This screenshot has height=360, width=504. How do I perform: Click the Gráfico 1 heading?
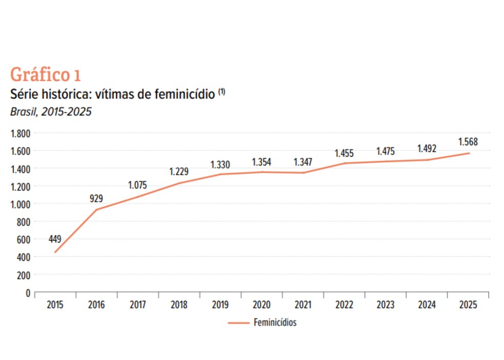point(45,74)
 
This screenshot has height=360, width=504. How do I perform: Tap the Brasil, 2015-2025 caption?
point(51,112)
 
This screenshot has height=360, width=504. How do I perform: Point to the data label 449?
point(55,239)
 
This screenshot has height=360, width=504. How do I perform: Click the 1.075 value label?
point(137,185)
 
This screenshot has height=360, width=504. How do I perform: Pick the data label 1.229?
point(179,172)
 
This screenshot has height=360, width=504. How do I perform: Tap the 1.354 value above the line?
point(261,163)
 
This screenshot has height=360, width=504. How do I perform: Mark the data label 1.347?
point(303,163)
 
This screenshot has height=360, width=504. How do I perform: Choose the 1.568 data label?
point(468,142)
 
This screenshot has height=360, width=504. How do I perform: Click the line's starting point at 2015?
point(55,252)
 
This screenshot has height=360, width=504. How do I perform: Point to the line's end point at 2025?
point(469,153)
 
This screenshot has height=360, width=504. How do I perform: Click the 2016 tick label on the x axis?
point(96,305)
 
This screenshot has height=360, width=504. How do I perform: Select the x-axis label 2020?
point(261,305)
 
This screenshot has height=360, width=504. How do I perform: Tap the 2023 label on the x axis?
point(385,305)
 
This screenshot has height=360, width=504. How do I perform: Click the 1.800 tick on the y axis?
point(21,133)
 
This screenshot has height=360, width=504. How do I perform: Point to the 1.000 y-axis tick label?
point(21,204)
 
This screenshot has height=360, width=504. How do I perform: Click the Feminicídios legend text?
point(275,323)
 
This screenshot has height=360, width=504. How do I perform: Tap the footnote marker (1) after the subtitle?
point(222,92)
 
